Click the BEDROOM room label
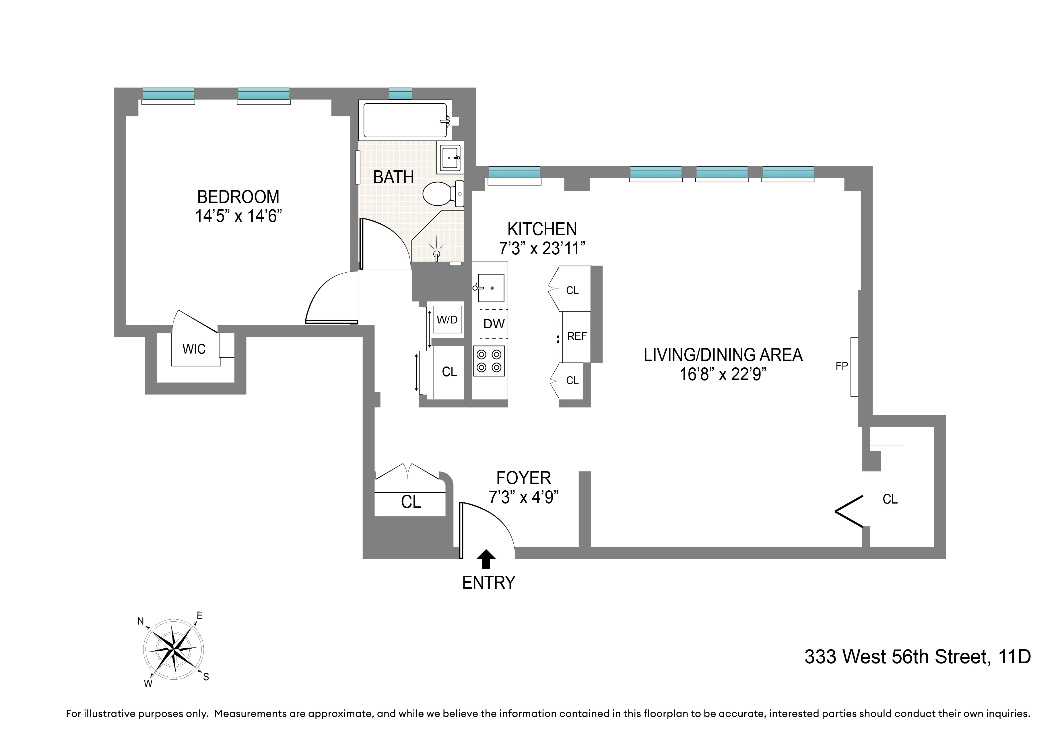238,197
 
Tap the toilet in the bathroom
441,194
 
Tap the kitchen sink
490,288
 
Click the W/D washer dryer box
447,320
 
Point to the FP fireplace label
842,366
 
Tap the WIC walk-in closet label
194,349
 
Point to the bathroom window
400,94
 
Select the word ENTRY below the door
488,583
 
